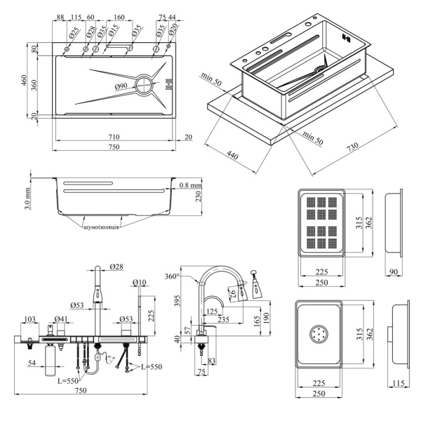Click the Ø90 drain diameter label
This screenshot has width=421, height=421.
[x=120, y=86]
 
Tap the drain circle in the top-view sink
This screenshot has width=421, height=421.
[x=145, y=86]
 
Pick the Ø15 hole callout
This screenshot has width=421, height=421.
[x=113, y=32]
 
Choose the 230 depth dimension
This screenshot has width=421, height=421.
[x=199, y=194]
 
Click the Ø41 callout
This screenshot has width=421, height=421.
[x=61, y=319]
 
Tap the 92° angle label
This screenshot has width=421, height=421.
[x=233, y=295]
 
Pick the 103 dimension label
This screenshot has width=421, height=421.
[x=29, y=319]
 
